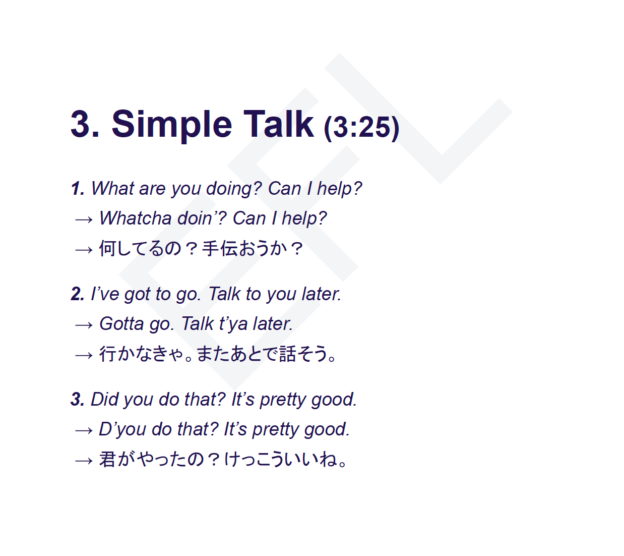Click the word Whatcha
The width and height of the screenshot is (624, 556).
136,218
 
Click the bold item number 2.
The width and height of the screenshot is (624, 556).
78,294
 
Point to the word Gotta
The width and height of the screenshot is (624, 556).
121,324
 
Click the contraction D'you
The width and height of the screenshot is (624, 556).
122,430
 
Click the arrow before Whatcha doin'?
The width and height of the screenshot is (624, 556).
84,219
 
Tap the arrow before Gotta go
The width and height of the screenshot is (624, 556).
84,325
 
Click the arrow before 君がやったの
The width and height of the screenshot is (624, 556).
84,461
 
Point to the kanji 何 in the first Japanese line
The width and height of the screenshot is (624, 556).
107,248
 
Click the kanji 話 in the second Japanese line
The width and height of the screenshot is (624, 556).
288,354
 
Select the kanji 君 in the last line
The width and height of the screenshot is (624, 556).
107,459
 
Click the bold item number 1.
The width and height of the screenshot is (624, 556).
78,188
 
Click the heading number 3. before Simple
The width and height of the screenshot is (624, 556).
85,124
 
